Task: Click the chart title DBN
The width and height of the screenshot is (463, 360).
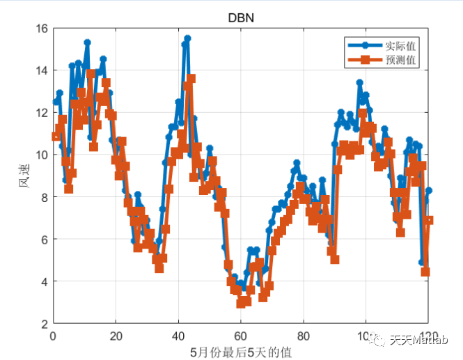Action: tap(241, 18)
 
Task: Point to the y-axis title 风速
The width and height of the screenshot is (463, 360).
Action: tap(24, 176)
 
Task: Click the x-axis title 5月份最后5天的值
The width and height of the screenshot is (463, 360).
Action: tap(241, 352)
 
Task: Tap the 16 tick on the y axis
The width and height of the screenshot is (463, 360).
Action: tap(41, 29)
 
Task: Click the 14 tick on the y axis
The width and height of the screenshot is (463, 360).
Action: tap(41, 70)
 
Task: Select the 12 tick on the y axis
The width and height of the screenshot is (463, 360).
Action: tap(41, 113)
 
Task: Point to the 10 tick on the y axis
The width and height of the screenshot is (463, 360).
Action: tap(41, 155)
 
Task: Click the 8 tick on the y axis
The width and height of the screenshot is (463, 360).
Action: tap(44, 197)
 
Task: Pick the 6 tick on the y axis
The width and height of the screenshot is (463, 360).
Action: tap(44, 240)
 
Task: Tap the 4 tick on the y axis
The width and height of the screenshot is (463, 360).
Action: tap(44, 281)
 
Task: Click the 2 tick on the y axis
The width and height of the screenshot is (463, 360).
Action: tap(44, 324)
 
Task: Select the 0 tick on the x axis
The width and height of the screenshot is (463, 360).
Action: tap(53, 335)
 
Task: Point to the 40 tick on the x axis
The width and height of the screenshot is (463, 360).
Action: tap(178, 335)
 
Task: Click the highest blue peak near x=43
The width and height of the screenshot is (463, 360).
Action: tap(187, 39)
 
